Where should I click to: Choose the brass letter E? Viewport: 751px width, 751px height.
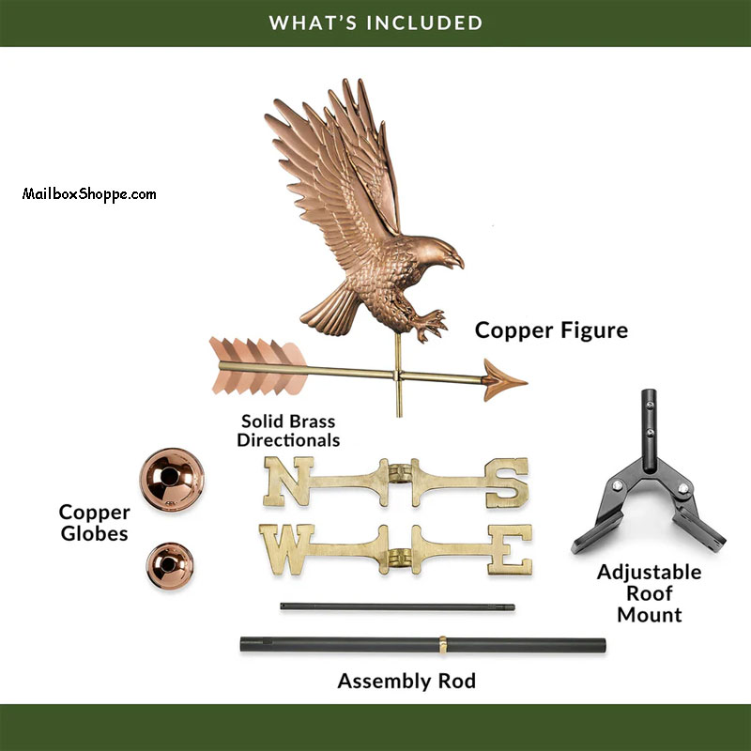pyautogui.click(x=512, y=548)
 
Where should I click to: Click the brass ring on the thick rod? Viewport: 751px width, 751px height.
pyautogui.click(x=442, y=645)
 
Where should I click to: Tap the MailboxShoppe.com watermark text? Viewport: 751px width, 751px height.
pyautogui.click(x=89, y=194)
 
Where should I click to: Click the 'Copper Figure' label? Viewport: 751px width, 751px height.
pyautogui.click(x=551, y=330)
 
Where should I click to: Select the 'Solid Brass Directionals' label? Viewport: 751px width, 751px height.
pyautogui.click(x=288, y=431)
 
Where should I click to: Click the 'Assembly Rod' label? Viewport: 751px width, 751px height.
pyautogui.click(x=406, y=681)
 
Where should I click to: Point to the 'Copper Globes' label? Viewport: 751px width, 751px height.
pyautogui.click(x=94, y=523)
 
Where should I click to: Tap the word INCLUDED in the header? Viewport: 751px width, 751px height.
pyautogui.click(x=426, y=22)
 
